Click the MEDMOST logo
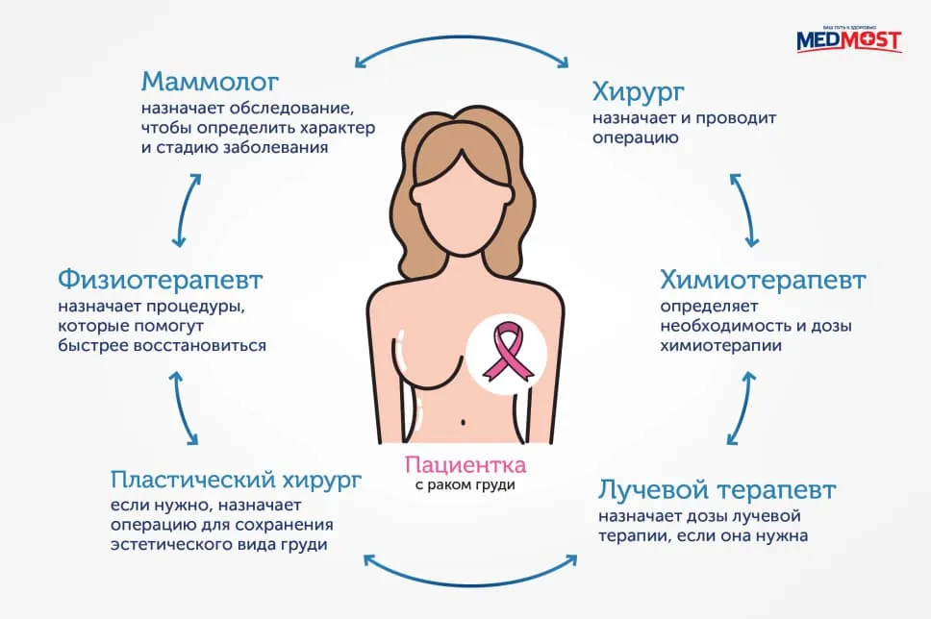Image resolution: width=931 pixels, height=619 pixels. (849, 39)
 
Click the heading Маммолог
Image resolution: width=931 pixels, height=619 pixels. (210, 82)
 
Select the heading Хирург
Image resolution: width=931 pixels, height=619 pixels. (638, 93)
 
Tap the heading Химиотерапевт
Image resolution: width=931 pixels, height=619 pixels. (763, 280)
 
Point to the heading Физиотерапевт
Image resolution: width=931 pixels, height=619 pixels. (161, 280)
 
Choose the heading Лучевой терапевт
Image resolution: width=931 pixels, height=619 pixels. (717, 490)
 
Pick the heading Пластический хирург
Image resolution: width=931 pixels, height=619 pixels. (236, 480)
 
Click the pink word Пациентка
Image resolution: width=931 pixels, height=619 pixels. (465, 464)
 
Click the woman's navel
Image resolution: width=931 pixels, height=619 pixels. (463, 423)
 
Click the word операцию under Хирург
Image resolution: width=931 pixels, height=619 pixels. (636, 138)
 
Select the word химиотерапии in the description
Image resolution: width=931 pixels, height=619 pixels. (720, 345)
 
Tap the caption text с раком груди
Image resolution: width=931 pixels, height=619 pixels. (465, 484)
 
